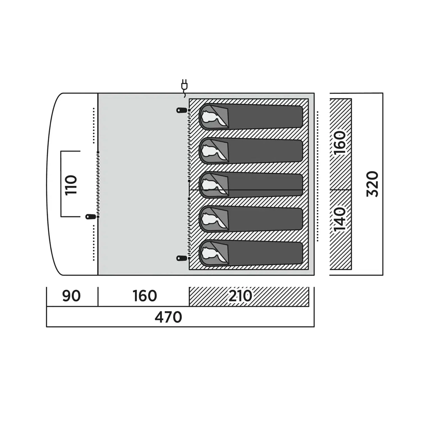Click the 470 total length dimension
click(168, 317)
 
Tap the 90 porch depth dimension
click(71, 296)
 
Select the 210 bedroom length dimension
click(240, 296)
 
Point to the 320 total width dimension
click(373, 184)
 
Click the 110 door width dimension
click(71, 185)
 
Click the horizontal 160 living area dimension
click(145, 296)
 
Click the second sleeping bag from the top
click(251, 151)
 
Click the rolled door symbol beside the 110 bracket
click(91, 217)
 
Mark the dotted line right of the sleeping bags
click(317, 176)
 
